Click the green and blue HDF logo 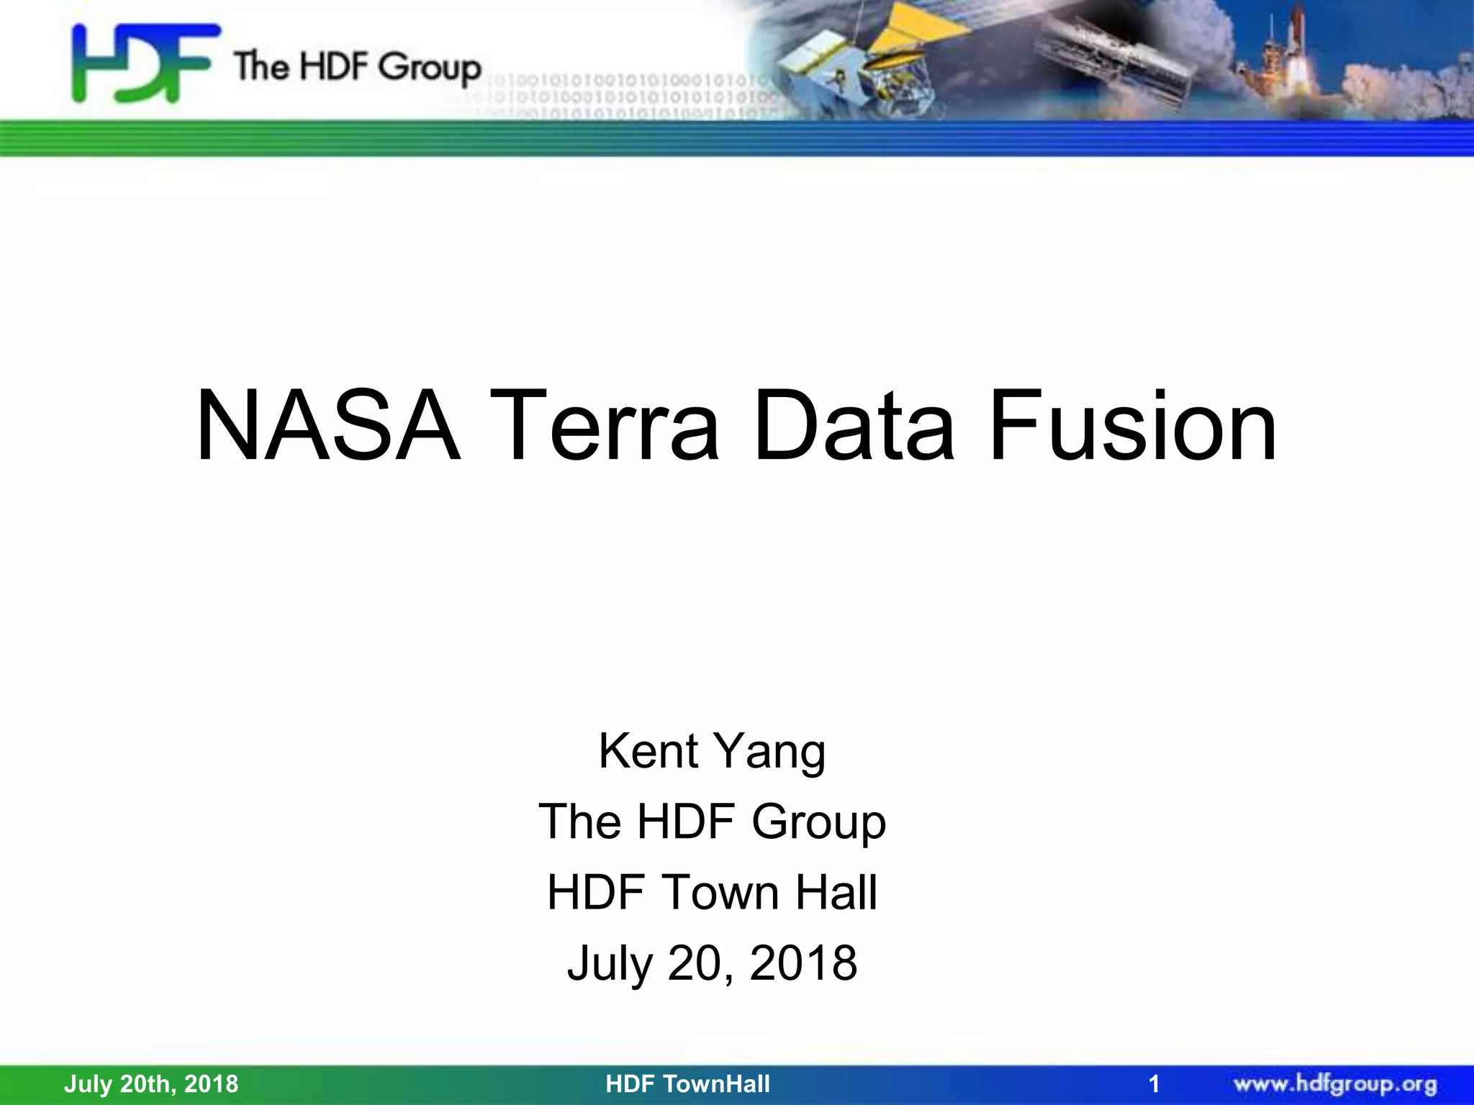click(144, 63)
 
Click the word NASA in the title click(327, 426)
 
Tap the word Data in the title click(854, 426)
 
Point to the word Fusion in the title click(1133, 426)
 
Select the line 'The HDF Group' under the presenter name click(712, 822)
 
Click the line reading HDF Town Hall click(712, 892)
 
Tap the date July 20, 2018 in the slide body click(712, 963)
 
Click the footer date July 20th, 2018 click(151, 1083)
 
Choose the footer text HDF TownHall click(687, 1083)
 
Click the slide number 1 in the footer click(1154, 1083)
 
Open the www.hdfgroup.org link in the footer click(1335, 1083)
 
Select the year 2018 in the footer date click(211, 1083)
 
